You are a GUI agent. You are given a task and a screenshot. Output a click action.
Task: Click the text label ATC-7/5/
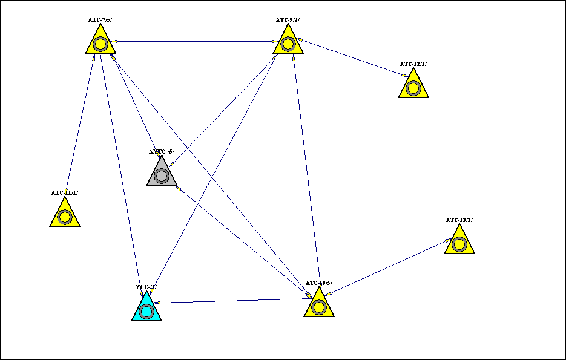(x=100, y=20)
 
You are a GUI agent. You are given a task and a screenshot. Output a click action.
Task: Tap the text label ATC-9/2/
(x=288, y=20)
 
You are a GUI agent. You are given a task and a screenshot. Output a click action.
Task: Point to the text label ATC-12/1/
(x=413, y=64)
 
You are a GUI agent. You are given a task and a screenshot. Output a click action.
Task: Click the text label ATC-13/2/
(x=459, y=220)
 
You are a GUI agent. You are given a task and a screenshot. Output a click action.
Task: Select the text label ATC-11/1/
(x=65, y=193)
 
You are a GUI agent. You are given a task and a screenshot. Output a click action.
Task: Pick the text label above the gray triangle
(x=162, y=152)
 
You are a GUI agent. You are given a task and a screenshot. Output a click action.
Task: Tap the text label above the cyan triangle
(x=146, y=287)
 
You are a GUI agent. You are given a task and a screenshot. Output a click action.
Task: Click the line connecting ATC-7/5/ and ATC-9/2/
(x=194, y=42)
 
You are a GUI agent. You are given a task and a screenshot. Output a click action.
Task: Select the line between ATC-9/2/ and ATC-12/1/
(x=351, y=58)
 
